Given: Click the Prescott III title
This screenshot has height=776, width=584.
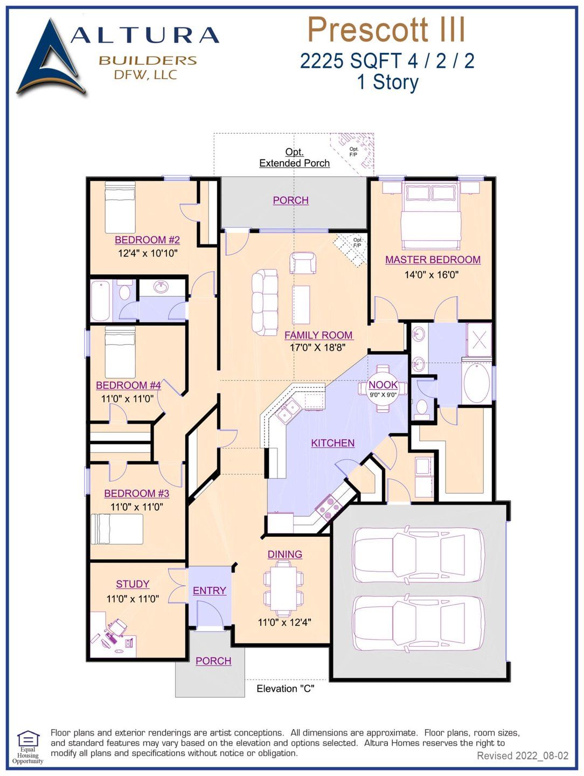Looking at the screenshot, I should click(386, 30).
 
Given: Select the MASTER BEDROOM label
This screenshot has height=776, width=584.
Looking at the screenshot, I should click(433, 260).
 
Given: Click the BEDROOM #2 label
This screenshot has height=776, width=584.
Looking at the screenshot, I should click(147, 240).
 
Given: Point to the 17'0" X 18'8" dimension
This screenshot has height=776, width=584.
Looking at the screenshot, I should click(317, 348).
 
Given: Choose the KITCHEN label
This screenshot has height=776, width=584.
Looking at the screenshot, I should click(332, 443).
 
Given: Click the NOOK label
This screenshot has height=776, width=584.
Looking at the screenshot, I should click(383, 385).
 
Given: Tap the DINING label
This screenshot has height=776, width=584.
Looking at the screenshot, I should click(284, 554).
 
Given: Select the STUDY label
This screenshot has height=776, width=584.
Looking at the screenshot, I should click(133, 584).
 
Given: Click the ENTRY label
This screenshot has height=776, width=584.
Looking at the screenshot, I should click(209, 591).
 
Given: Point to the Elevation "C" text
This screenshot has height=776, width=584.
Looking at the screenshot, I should click(285, 689).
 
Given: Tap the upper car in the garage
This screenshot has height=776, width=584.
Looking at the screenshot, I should click(418, 555).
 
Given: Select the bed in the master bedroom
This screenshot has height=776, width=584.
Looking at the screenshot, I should click(430, 213).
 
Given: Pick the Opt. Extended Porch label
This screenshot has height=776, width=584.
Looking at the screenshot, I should click(294, 158).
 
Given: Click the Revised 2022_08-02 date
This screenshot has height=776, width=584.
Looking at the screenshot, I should click(522, 756).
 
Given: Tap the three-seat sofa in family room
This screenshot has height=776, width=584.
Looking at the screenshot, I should click(265, 302).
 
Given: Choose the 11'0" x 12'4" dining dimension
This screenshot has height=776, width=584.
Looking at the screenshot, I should click(284, 622).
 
